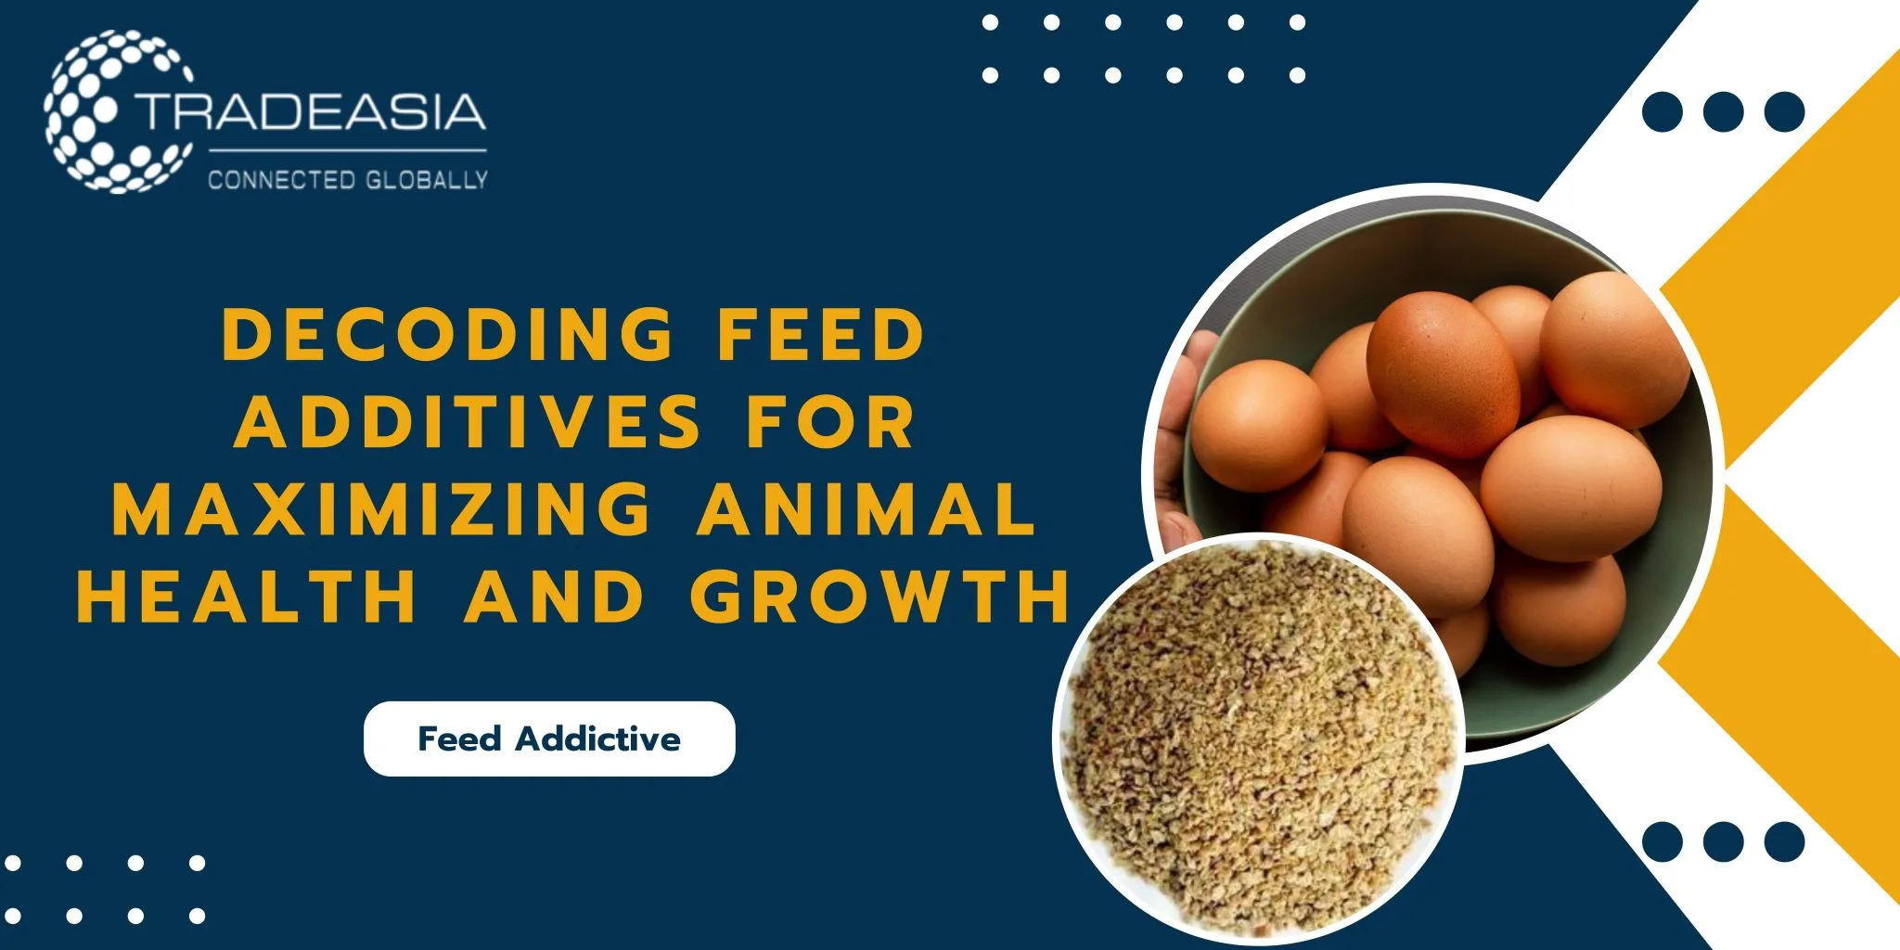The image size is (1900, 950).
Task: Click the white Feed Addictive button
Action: pos(549,738)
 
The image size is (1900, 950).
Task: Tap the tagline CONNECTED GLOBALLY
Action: pos(348,179)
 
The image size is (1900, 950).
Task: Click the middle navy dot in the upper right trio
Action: pos(1723,112)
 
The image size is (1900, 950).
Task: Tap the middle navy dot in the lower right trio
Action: pos(1723,841)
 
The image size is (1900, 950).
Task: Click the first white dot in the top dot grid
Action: pos(990,22)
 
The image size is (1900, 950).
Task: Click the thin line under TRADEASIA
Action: pos(348,149)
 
